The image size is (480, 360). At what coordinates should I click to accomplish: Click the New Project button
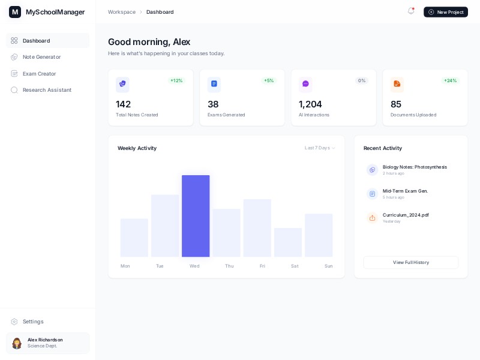point(445,12)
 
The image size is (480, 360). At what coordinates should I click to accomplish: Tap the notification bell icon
point(411,11)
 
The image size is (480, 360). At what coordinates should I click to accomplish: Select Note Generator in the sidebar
point(41,57)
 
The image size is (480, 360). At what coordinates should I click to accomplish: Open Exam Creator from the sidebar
point(39,74)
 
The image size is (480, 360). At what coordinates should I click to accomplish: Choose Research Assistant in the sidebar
point(47,90)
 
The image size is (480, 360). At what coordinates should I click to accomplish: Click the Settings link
point(33,322)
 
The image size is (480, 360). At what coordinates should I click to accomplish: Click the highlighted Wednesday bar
point(196,216)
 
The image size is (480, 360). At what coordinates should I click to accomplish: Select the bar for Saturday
point(288,242)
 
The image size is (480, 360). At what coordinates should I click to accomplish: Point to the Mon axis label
point(125,266)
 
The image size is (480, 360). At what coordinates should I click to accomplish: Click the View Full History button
point(410,262)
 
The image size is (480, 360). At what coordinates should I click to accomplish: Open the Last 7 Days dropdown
point(320,148)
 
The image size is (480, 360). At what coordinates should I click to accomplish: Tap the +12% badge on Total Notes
point(176,80)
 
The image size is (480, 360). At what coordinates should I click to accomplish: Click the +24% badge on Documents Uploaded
point(450,80)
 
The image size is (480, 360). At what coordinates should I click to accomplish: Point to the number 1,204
point(310,104)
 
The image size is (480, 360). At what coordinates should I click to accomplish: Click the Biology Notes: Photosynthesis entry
point(415,167)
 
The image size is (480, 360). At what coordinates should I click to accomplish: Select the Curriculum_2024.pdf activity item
point(406,215)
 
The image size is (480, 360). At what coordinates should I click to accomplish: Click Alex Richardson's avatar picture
point(17,343)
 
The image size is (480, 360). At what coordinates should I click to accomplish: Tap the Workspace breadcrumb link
point(122,12)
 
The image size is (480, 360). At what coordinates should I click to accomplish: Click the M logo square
point(15,12)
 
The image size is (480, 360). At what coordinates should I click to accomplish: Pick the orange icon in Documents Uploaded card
point(397,84)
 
